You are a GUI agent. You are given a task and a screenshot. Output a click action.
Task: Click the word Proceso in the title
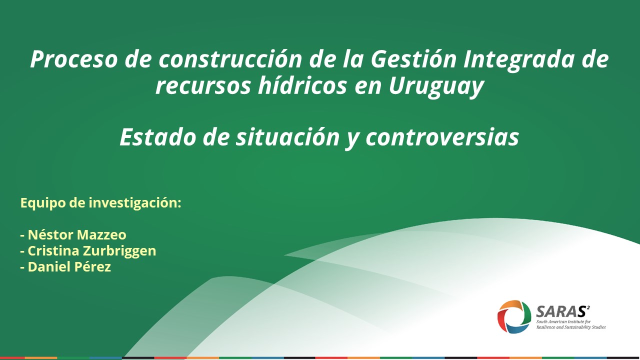[x=73, y=59]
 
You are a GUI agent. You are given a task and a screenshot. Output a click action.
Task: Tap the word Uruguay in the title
[x=436, y=86]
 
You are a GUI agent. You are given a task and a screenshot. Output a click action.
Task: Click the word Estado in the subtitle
[x=158, y=137]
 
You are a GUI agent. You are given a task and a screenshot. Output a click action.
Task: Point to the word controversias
[x=442, y=137]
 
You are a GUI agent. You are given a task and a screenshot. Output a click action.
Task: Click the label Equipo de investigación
[x=101, y=203]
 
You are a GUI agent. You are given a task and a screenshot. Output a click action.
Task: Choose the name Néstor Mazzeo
[x=77, y=235]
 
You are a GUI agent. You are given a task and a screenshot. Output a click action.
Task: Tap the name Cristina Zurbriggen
[x=92, y=251]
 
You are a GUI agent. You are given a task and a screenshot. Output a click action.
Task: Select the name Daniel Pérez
[x=69, y=267]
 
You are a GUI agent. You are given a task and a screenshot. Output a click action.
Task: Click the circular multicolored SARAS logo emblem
[x=514, y=316]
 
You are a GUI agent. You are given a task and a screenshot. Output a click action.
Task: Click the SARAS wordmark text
[x=559, y=311]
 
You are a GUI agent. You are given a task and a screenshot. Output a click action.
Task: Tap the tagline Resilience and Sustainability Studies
[x=571, y=327]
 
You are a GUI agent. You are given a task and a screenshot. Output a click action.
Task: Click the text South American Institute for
[x=563, y=321]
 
